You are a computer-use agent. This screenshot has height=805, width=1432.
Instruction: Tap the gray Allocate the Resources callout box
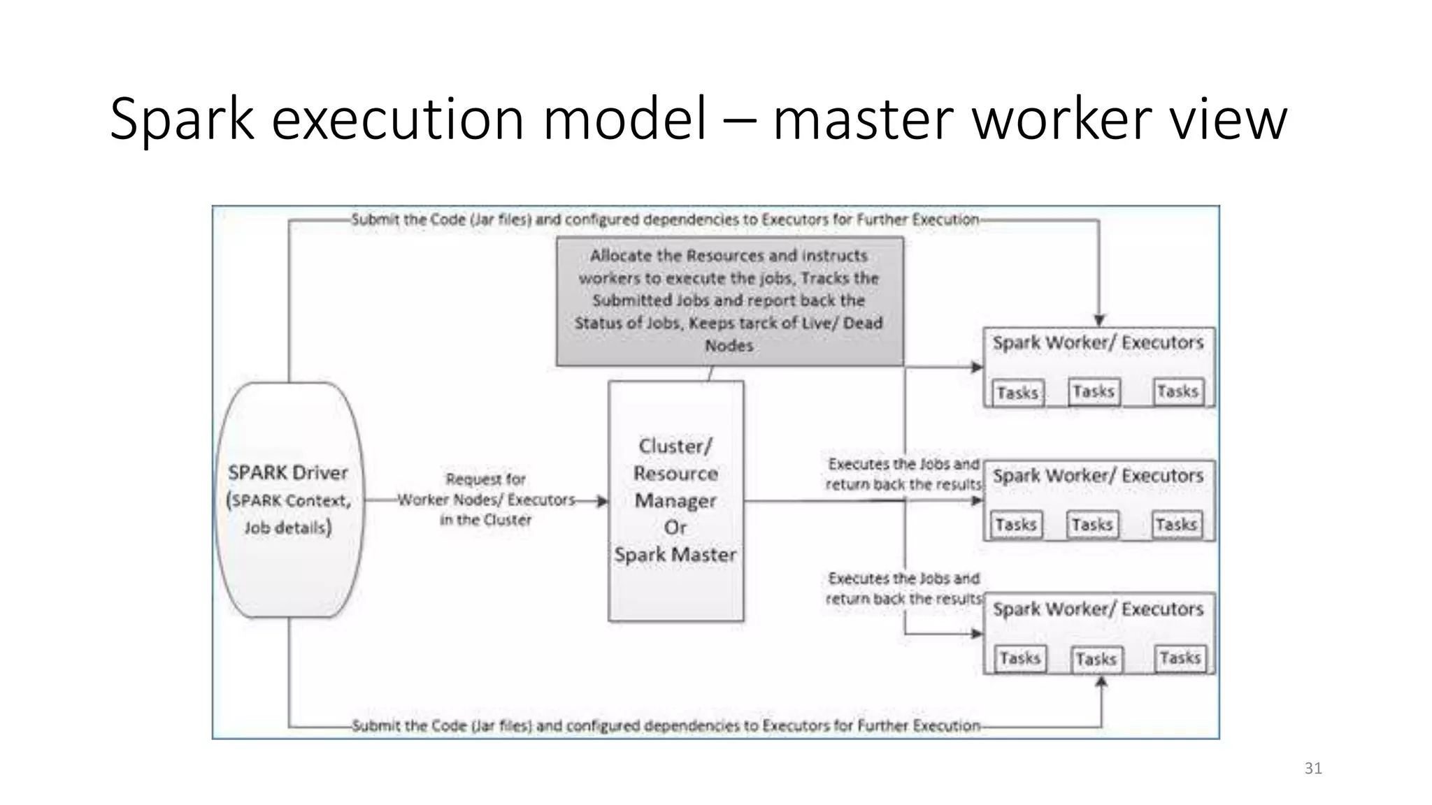[x=729, y=300]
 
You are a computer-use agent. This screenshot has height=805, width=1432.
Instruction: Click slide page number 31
[x=1313, y=769]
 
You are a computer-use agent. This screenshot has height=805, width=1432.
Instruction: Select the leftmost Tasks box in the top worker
[x=1017, y=393]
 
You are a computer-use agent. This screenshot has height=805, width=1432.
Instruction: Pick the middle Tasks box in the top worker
[x=1094, y=391]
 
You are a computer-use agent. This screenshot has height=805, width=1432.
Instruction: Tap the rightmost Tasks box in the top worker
[x=1177, y=391]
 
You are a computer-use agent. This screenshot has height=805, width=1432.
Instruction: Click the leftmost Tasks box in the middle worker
[x=1016, y=525]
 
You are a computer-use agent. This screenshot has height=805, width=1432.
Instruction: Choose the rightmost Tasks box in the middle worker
[x=1176, y=525]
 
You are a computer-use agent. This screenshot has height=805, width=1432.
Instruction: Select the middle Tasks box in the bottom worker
[x=1096, y=659]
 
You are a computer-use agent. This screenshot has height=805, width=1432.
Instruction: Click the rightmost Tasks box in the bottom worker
[x=1180, y=658]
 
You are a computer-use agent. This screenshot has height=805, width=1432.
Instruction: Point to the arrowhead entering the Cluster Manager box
[x=602, y=501]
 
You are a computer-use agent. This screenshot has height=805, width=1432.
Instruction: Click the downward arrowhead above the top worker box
[x=1099, y=320]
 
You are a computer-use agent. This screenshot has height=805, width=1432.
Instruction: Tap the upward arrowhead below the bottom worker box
[x=1101, y=681]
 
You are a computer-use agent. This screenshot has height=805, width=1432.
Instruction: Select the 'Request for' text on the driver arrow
[x=486, y=479]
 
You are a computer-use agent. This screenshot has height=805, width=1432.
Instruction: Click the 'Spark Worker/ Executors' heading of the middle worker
[x=1098, y=477]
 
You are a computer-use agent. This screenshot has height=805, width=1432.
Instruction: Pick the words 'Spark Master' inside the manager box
[x=675, y=555]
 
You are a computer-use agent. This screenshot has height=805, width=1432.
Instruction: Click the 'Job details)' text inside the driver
[x=287, y=528]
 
